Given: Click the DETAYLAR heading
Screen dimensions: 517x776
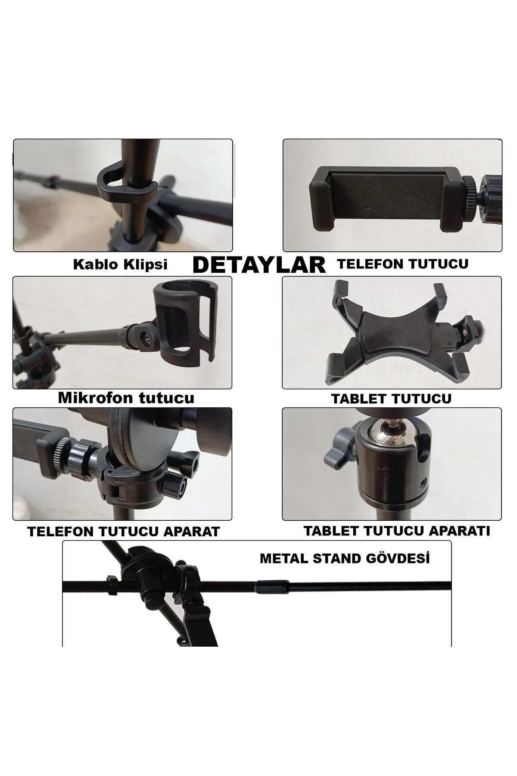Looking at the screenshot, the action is (x=259, y=265).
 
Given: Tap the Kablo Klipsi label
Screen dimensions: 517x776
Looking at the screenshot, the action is (x=120, y=264).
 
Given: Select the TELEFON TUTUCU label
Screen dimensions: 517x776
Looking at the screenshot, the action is (x=403, y=263).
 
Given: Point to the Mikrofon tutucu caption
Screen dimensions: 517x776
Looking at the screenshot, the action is (x=126, y=397).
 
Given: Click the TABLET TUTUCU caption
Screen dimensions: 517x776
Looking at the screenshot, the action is (x=391, y=399).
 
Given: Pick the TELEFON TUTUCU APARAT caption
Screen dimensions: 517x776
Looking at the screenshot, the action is (x=124, y=532).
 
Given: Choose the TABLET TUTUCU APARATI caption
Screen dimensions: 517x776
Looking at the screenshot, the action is (x=397, y=531).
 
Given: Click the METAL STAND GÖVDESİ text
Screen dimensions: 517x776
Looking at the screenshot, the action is (x=345, y=558).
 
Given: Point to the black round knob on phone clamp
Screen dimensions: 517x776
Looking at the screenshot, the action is (x=175, y=486).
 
